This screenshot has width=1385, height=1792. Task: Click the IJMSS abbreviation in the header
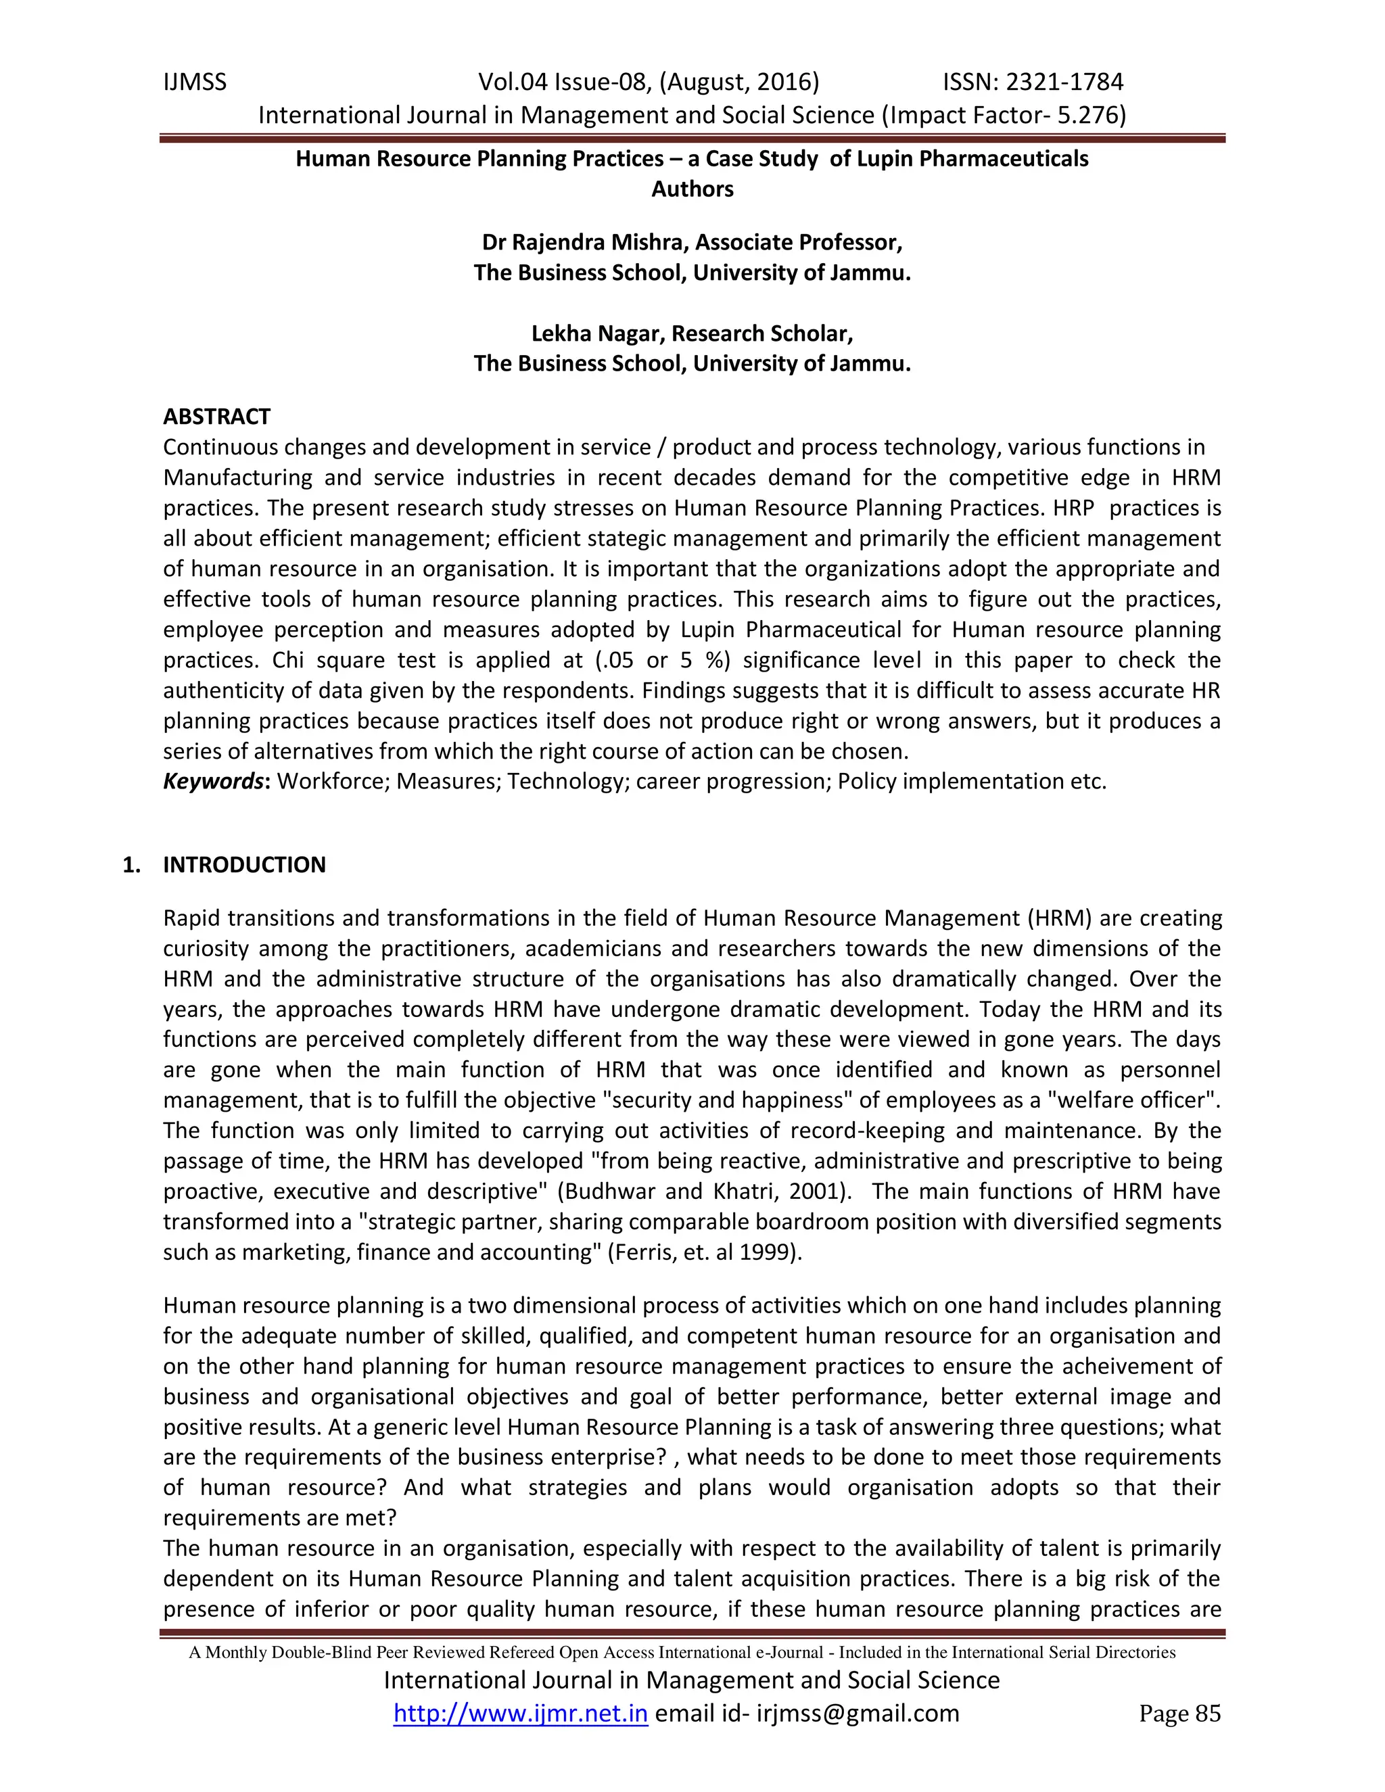[195, 82]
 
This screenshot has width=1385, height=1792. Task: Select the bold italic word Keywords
[213, 781]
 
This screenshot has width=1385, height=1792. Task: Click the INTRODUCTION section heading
[245, 865]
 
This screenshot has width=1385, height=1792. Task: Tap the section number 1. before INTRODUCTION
[131, 865]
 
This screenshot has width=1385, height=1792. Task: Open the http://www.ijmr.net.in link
[520, 1714]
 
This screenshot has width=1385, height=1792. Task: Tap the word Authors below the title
[692, 189]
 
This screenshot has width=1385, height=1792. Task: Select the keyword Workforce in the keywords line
[333, 781]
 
